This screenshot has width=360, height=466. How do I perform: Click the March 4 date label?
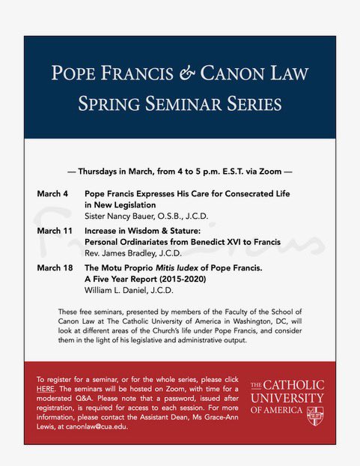(x=52, y=194)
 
